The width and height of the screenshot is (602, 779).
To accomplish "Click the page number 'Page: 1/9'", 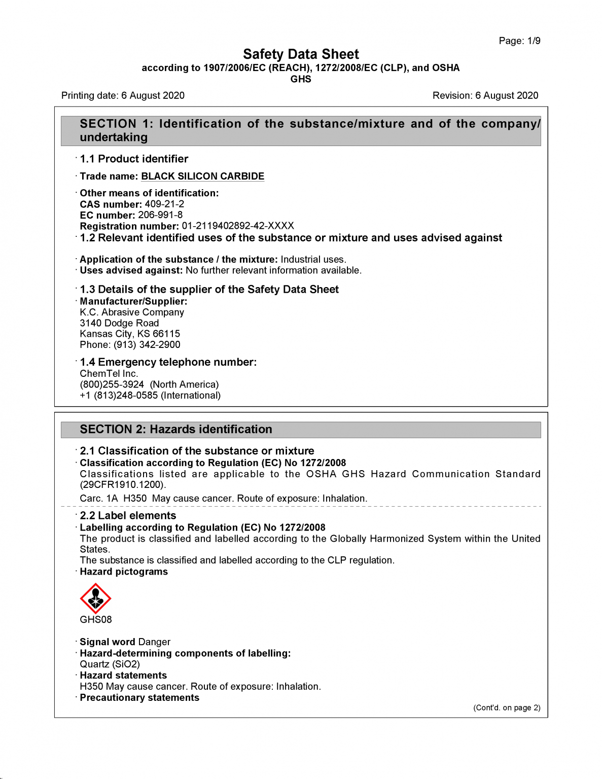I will pos(519,41).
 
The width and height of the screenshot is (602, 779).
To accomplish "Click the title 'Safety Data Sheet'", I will pos(301,54).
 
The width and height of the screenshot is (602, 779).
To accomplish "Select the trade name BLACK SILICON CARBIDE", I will pos(202,176).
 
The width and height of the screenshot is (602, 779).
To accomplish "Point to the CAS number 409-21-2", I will pos(164,204).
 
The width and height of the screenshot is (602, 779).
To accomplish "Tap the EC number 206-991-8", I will pos(160,215).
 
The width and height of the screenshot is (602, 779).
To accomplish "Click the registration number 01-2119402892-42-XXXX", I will pos(238,226).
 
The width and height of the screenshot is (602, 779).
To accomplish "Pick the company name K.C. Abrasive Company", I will pos(132,312).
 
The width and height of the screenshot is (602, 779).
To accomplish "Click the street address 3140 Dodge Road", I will pos(119,323).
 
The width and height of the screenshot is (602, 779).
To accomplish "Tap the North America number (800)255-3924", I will pos(112,384).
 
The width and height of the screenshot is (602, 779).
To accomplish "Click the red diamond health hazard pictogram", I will pos(95,598).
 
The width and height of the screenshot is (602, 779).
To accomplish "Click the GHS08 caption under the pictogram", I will pos(95,619).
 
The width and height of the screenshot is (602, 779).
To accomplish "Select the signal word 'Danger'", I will pos(154,642).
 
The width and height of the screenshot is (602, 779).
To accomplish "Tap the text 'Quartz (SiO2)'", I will pos(110,664).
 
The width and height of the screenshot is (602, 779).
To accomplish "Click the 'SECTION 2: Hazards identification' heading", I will pos(176,429).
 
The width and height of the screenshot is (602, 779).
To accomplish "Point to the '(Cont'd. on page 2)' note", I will pos(507,707).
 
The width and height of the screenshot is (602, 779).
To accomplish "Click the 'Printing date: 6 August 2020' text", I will pos(123,95).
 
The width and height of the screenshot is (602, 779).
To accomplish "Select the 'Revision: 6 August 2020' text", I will pos(485,95).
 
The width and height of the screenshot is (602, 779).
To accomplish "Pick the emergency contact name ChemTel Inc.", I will pos(109,373).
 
